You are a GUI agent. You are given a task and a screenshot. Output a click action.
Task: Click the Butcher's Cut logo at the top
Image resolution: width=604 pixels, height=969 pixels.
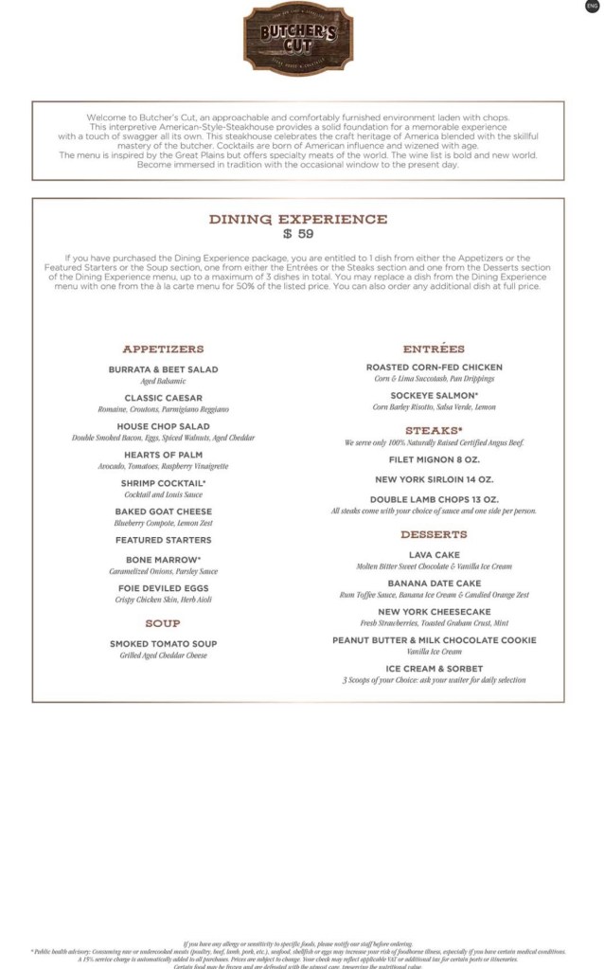[298, 38]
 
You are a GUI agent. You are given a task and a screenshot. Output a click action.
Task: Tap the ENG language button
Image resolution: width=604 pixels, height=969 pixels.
[593, 7]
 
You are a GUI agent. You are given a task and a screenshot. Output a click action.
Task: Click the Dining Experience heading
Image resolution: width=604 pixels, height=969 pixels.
[298, 219]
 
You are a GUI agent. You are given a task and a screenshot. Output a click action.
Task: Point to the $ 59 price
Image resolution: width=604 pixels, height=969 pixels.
[298, 234]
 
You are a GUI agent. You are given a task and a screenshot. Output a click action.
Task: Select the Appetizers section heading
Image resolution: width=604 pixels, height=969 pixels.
[163, 349]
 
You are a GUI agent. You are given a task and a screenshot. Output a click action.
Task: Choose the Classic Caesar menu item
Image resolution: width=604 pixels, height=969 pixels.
[163, 398]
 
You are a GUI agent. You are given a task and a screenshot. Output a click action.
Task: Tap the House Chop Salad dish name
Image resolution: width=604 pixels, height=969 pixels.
[163, 426]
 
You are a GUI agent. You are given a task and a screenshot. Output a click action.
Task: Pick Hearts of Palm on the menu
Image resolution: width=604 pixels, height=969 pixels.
[163, 455]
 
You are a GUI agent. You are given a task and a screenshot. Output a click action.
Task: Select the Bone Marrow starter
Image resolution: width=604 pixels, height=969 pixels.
[163, 560]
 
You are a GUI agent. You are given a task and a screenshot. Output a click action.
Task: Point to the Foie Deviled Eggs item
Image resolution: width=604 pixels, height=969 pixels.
[163, 588]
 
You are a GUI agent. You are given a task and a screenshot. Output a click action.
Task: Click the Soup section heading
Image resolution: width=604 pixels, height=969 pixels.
[163, 623]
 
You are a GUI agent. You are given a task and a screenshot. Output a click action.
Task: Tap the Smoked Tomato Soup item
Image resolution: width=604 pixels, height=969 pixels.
[163, 644]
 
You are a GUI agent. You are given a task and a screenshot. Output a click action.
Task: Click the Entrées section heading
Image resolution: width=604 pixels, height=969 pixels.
[434, 349]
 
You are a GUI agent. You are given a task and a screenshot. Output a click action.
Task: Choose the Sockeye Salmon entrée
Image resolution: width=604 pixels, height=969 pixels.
[434, 395]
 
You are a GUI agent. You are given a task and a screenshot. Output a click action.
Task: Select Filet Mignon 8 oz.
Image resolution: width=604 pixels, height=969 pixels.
[434, 459]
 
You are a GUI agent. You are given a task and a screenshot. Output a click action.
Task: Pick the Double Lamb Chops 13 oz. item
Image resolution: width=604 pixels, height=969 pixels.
[434, 499]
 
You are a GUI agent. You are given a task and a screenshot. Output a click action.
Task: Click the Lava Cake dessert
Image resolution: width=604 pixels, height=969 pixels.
[434, 554]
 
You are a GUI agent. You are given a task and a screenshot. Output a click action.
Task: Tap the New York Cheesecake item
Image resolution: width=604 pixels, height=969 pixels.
[434, 612]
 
